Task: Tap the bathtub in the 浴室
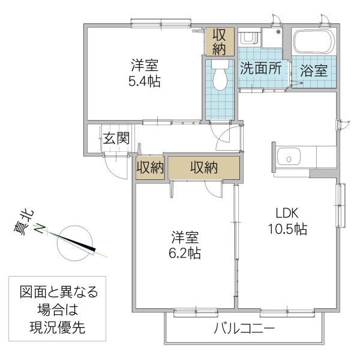[313, 43]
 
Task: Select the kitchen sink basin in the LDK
[290, 159]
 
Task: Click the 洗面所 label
[261, 68]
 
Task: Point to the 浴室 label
[314, 70]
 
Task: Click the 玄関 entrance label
[115, 138]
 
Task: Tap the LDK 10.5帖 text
[287, 221]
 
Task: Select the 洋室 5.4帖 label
[144, 73]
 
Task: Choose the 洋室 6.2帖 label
[185, 245]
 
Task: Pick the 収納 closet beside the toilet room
[218, 41]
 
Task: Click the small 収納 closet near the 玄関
[150, 168]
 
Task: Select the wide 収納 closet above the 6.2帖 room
[204, 168]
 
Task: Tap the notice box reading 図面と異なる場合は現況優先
[58, 310]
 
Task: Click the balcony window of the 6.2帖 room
[187, 311]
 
